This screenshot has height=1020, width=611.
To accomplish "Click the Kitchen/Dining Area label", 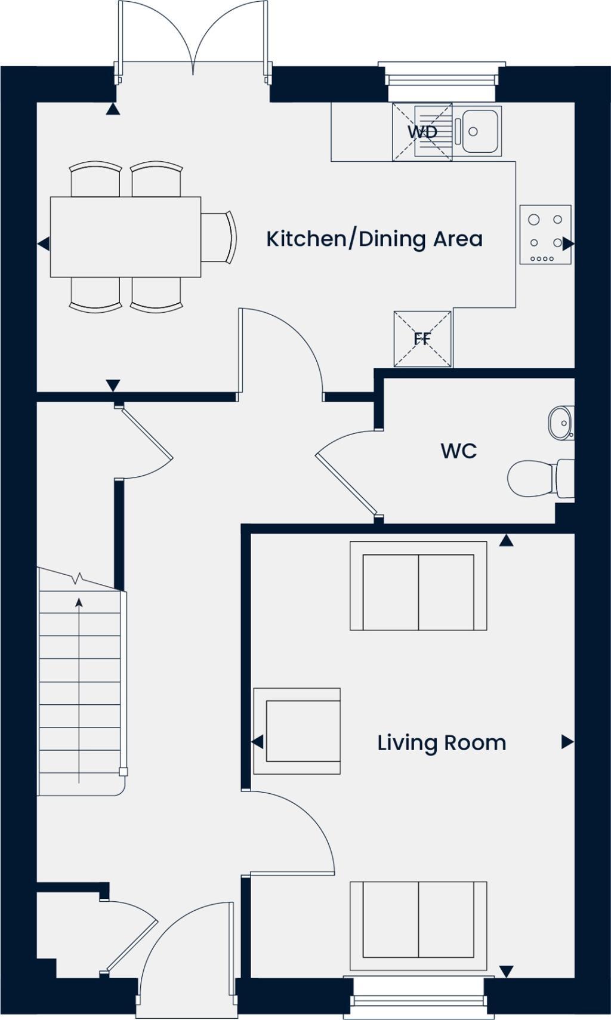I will pos(374,239).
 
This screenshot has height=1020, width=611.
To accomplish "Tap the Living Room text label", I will pos(442,743).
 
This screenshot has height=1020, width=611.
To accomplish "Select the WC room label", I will pos(458,451).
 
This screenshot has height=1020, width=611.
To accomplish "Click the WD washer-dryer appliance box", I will pos(422,132).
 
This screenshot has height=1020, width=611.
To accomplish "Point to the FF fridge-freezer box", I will pos(422,339).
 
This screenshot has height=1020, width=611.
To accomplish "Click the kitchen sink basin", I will pos(481,130).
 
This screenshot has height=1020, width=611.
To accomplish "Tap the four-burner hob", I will pos(545,235).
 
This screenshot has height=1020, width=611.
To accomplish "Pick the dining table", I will pos(125,237).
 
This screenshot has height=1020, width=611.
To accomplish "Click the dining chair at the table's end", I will pos(218,237).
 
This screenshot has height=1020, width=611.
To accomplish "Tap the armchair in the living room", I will pos(297,731).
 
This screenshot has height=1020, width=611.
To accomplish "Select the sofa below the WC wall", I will pos(418,586).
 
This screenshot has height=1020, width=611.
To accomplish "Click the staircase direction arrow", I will pos(79,686).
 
